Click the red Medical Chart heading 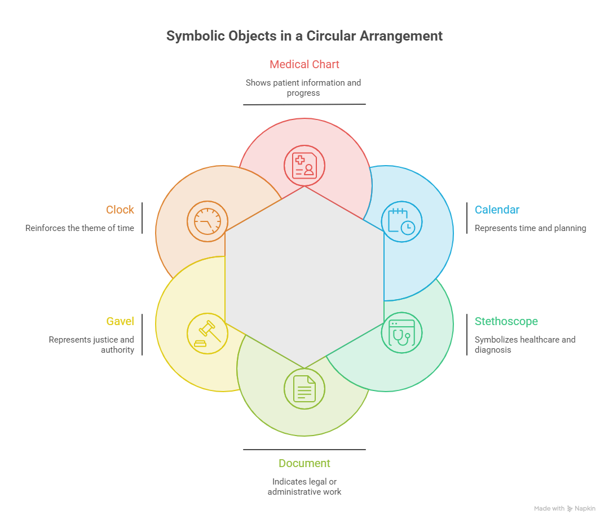point(304,64)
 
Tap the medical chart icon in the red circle point(304,166)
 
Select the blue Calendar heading point(497,210)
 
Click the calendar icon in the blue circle point(401,221)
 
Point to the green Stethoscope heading point(506,321)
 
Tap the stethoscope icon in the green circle point(401,332)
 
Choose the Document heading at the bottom point(304,463)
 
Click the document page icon point(304,389)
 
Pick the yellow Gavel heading point(120,321)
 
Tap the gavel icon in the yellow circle point(208,334)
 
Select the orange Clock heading point(120,210)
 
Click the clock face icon point(208,221)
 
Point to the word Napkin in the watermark point(585,508)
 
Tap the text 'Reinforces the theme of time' point(80,228)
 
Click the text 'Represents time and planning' point(530,228)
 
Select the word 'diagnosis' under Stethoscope point(492,350)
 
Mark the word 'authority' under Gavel point(117,350)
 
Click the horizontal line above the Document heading point(304,450)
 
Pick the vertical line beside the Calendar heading point(467,218)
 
